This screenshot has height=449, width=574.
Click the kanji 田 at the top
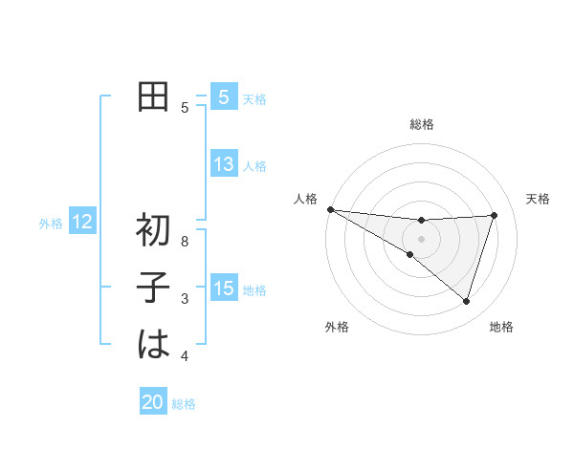click(153, 97)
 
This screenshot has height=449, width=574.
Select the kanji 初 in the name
click(153, 231)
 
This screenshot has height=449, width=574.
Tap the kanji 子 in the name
click(153, 289)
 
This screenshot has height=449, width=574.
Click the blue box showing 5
click(224, 97)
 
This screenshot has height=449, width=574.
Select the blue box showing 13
click(224, 164)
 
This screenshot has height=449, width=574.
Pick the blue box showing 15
click(224, 289)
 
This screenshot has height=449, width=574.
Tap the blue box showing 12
click(82, 223)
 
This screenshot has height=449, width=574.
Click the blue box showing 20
click(153, 402)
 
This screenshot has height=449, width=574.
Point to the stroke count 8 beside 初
click(185, 242)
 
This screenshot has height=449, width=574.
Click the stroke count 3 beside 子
click(185, 299)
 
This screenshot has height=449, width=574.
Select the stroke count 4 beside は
click(185, 356)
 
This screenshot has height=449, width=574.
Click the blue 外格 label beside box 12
click(51, 224)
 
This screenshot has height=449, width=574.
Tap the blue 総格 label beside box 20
click(184, 404)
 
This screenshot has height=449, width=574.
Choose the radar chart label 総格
click(421, 124)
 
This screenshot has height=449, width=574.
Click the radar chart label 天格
click(538, 199)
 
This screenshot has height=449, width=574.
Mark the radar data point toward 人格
click(330, 208)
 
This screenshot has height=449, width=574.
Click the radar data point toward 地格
click(466, 301)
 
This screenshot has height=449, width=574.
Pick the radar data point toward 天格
click(495, 215)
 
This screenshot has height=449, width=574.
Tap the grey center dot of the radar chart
click(421, 238)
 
